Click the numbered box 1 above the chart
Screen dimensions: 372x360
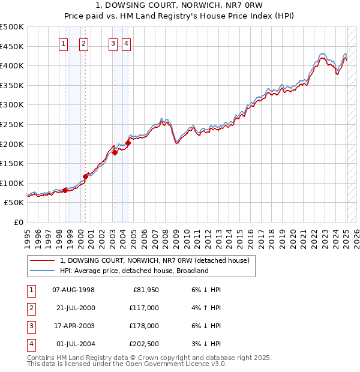[x=64, y=43]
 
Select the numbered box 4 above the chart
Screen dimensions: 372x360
[x=127, y=43]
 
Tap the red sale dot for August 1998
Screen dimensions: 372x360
[x=65, y=190]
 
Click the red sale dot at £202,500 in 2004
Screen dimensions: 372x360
[x=128, y=143]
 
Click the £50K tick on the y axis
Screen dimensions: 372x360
[x=14, y=203]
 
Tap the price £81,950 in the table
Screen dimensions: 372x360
[x=145, y=290]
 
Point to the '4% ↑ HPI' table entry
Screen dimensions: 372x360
[x=206, y=308]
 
